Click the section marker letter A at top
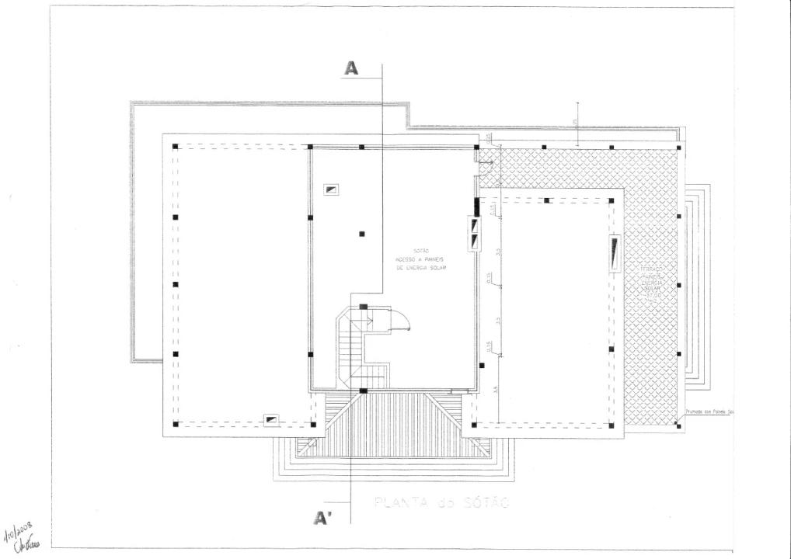click(351, 68)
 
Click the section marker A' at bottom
click(319, 519)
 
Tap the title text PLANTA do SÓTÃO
click(441, 503)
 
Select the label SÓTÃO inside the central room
click(423, 250)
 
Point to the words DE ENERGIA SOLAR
click(423, 266)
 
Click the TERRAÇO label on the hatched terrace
click(651, 269)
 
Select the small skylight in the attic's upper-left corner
click(332, 189)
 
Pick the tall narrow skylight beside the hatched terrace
click(615, 254)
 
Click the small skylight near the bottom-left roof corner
click(271, 419)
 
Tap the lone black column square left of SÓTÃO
click(362, 234)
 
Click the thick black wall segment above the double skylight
click(476, 207)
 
